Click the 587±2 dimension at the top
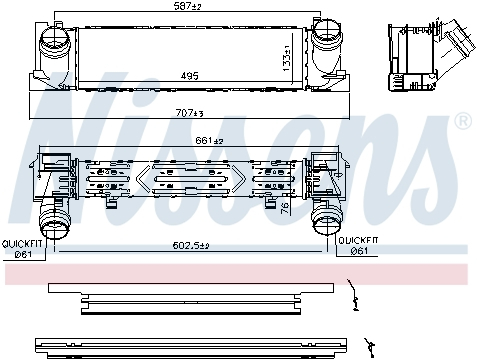click(187, 6)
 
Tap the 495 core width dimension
click(189, 76)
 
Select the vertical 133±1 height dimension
click(286, 58)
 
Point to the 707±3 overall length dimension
click(189, 113)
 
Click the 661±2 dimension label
click(209, 141)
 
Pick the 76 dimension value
click(285, 209)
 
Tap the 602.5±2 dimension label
click(191, 246)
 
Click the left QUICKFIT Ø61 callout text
click(22, 249)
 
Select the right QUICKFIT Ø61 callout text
click(358, 246)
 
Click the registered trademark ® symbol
click(463, 121)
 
